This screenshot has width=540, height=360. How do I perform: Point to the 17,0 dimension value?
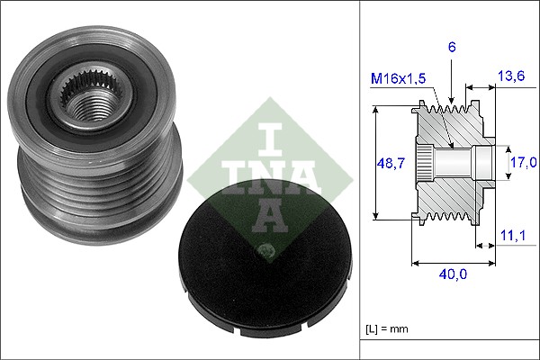(524, 163)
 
